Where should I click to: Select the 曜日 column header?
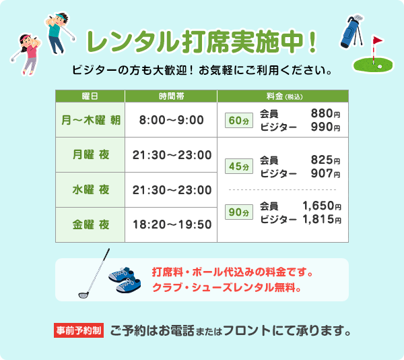[x=90, y=96]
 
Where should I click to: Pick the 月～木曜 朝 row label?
[x=90, y=120]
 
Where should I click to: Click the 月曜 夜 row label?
[x=90, y=154]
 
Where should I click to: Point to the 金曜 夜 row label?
[x=90, y=224]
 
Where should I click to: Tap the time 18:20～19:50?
[x=172, y=224]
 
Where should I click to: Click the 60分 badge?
[x=238, y=121]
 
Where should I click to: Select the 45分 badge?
[x=238, y=166]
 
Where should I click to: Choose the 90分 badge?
[x=238, y=212]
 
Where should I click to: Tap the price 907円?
[x=325, y=173]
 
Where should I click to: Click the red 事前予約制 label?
[x=79, y=331]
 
